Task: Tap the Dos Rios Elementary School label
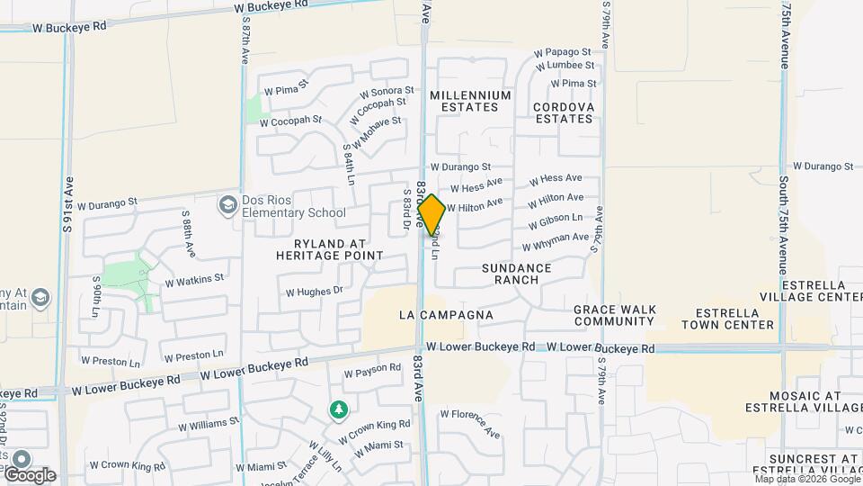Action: (x=293, y=207)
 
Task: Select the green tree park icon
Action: (x=338, y=411)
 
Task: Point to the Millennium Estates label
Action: (x=470, y=101)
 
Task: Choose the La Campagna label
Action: (x=447, y=315)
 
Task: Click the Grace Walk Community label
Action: (x=614, y=315)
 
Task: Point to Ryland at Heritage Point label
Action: (x=330, y=249)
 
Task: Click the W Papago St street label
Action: (x=564, y=52)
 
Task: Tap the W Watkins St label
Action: (x=194, y=280)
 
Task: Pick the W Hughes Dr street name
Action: (x=315, y=291)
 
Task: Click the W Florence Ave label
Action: (x=469, y=423)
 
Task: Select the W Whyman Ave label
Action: (x=556, y=242)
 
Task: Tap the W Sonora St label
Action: (x=387, y=92)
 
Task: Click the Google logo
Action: (x=29, y=474)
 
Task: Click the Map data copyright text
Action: (x=806, y=479)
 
